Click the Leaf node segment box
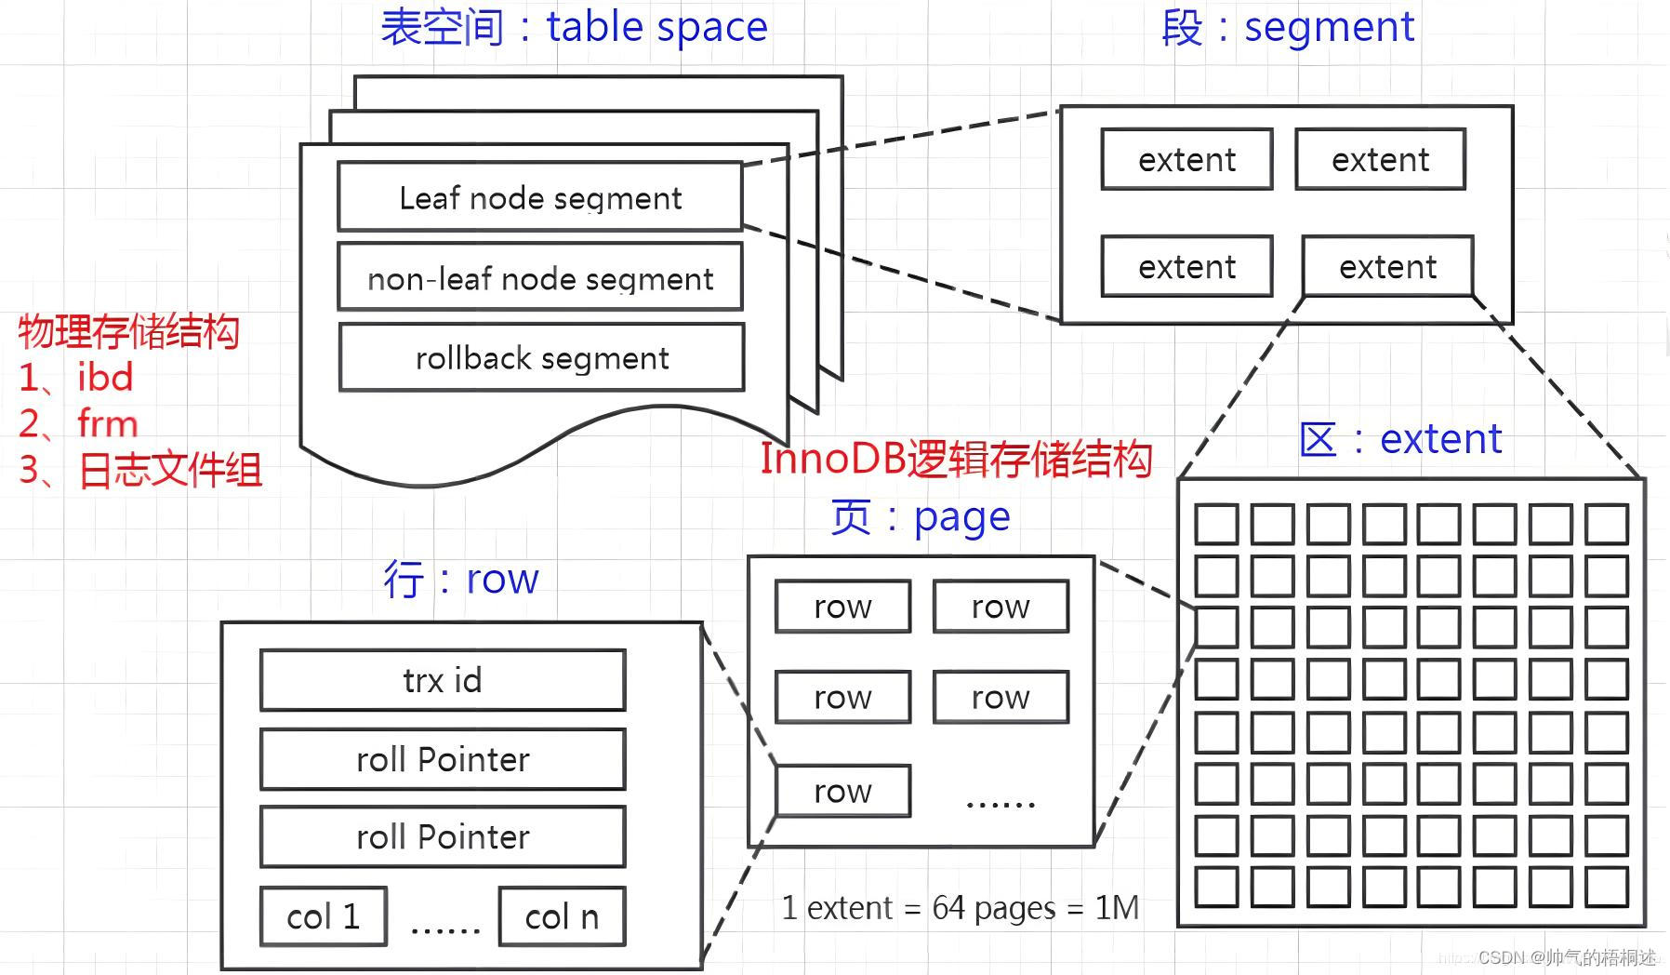click(539, 197)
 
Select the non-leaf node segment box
click(539, 277)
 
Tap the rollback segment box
click(541, 357)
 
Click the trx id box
click(443, 680)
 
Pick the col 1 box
click(323, 916)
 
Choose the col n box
click(562, 916)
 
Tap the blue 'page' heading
click(961, 517)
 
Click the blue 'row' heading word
click(502, 579)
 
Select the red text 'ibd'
click(105, 378)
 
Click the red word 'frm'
click(108, 424)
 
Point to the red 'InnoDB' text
click(832, 459)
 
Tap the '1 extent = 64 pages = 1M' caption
click(960, 907)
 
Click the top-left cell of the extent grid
click(1216, 524)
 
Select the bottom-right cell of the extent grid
click(1606, 887)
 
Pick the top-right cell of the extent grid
click(1606, 524)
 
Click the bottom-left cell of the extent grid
click(1216, 887)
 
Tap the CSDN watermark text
click(1566, 957)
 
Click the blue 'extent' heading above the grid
click(1440, 438)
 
